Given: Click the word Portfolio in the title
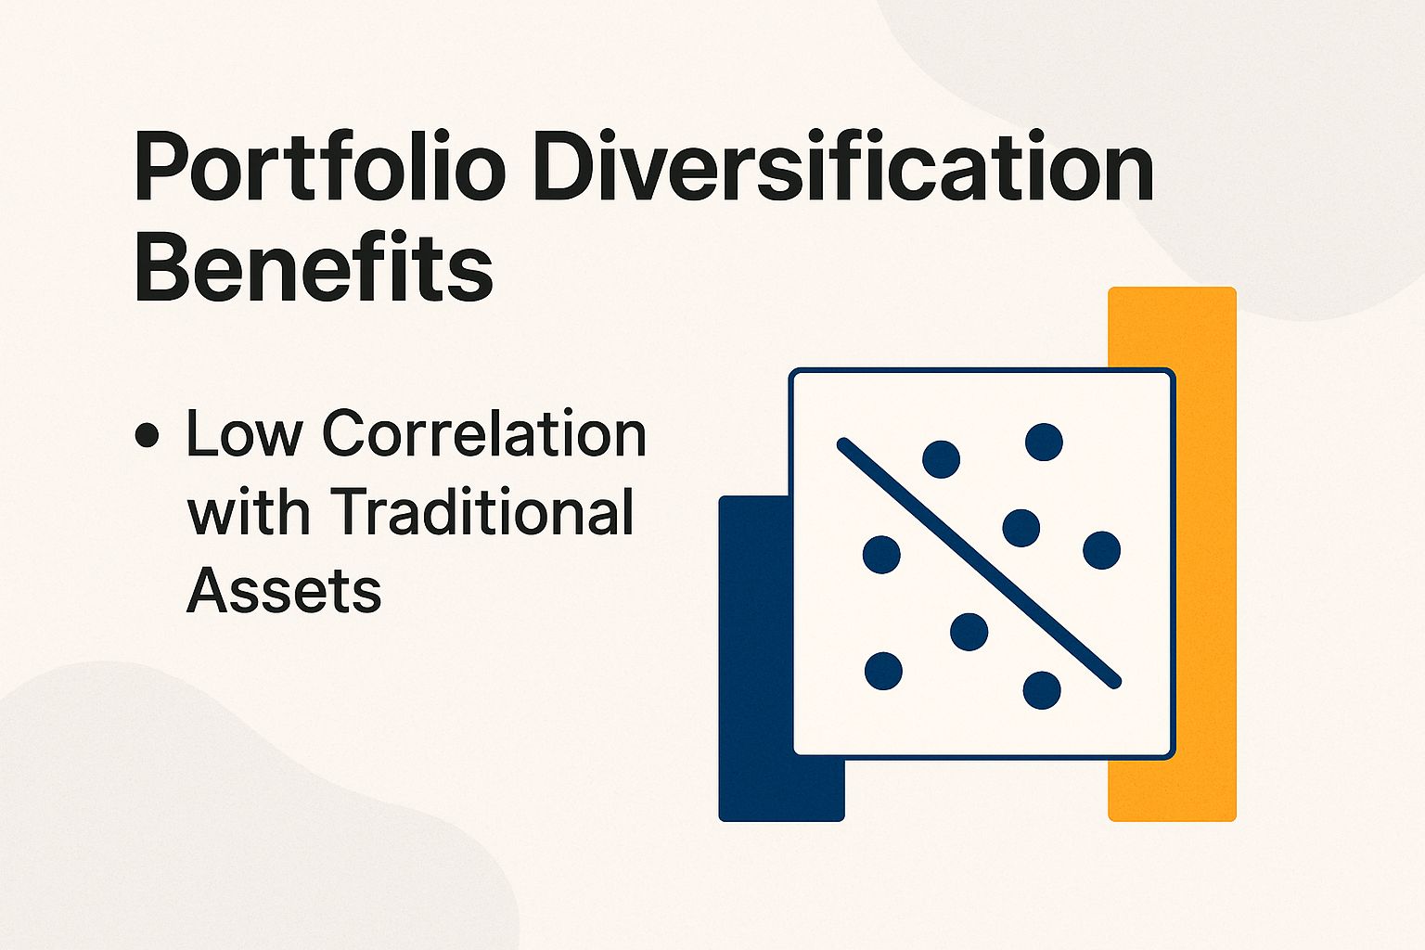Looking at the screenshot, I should tap(320, 169).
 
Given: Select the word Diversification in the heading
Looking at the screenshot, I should tap(844, 169).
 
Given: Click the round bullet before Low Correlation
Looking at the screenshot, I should tap(147, 435).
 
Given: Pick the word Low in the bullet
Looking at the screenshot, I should tap(244, 433).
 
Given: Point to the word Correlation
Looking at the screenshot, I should tap(484, 433).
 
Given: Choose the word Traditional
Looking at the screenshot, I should tap(482, 512).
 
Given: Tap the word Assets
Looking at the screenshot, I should tap(284, 590).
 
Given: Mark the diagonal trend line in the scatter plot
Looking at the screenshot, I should tap(980, 564).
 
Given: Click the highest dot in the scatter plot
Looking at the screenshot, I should tap(1044, 442).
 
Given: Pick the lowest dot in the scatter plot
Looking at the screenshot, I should tap(1042, 690).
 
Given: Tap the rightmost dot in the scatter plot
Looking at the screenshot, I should tap(1101, 550).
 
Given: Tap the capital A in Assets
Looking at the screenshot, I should tap(208, 590).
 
